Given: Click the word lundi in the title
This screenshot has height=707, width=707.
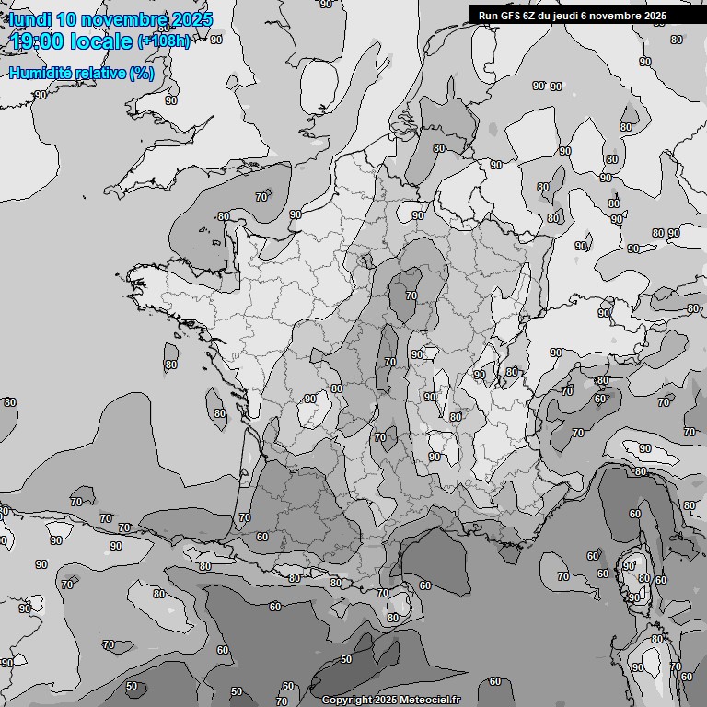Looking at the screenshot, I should (31, 19).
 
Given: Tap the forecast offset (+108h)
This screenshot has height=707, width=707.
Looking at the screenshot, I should (164, 41).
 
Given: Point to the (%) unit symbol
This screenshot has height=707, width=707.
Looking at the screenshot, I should (142, 73).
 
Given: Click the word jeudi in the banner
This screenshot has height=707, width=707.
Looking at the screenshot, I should (576, 16).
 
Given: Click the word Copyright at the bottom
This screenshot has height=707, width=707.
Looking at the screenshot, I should (347, 700).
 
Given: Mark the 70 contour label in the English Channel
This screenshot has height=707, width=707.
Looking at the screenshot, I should (261, 196).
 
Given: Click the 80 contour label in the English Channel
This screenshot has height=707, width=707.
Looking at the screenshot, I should (223, 216).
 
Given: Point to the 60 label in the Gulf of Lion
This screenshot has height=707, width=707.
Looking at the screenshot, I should (424, 585).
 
